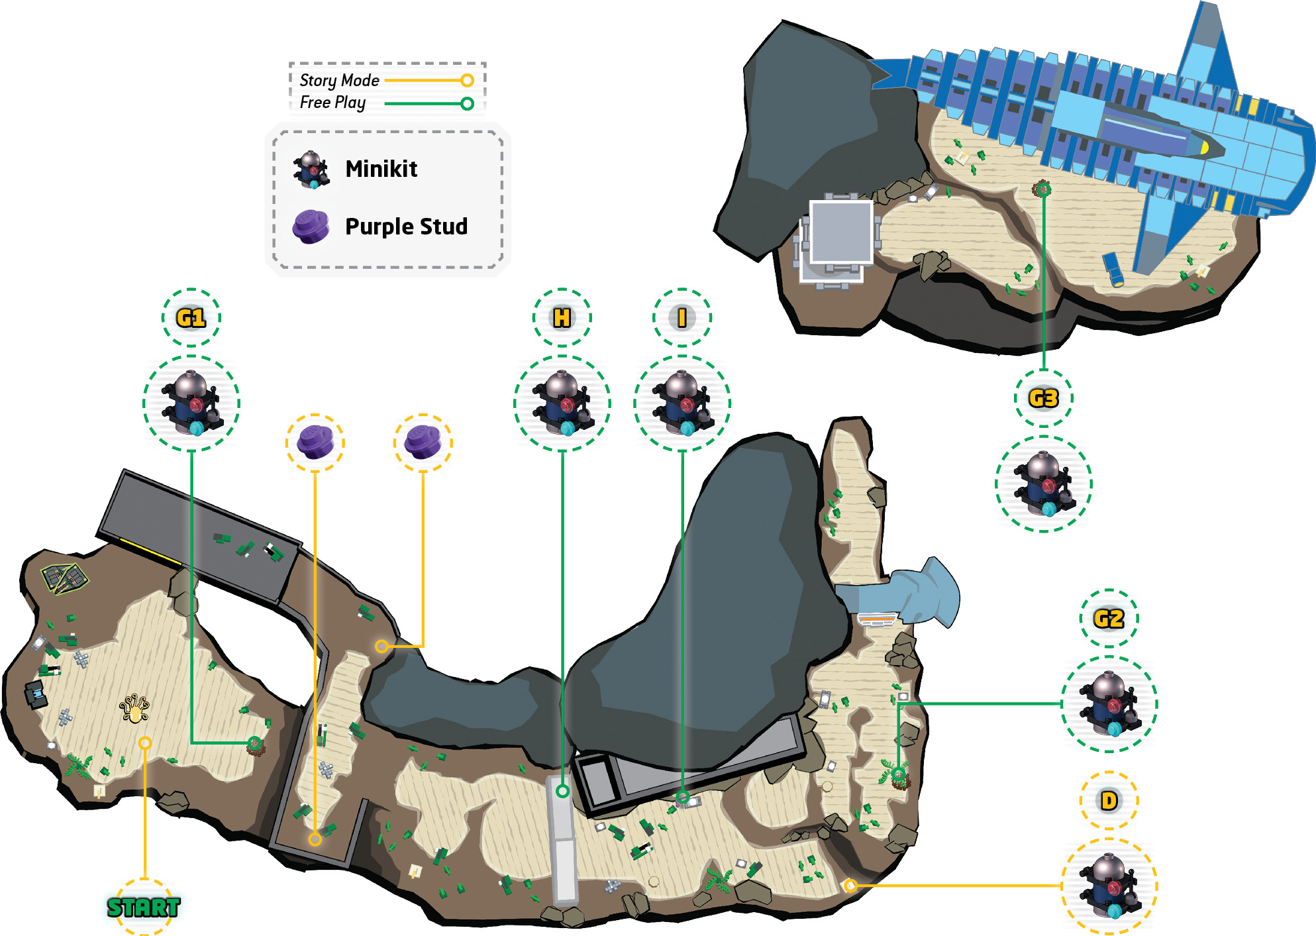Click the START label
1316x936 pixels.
[144, 907]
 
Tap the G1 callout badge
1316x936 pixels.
[191, 318]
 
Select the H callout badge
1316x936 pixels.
[562, 318]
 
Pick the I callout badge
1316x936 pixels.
[682, 318]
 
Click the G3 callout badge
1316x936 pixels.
[1044, 398]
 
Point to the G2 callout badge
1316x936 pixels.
[1109, 619]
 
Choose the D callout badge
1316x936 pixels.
[1109, 801]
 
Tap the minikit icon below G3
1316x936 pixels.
[1044, 484]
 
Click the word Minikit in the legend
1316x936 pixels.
[381, 169]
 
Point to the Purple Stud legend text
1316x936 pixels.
[407, 227]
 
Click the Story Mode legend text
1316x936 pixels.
[339, 81]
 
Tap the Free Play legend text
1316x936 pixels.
[332, 103]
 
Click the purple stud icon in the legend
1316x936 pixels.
[311, 227]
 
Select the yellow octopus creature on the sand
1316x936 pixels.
[134, 709]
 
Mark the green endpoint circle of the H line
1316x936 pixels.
[562, 791]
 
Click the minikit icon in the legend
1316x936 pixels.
[311, 170]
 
